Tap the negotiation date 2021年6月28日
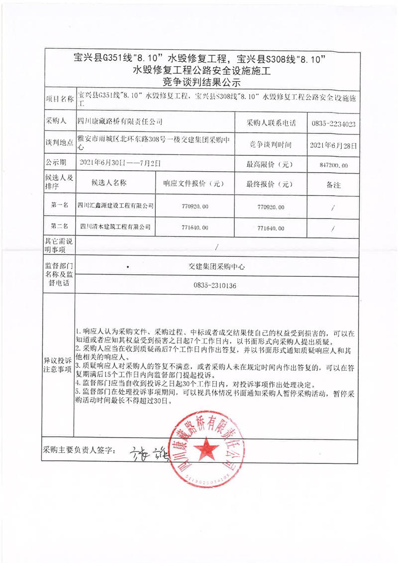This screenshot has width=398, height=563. point(333,145)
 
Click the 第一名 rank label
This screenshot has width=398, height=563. point(59,205)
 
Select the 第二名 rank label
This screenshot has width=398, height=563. point(59,226)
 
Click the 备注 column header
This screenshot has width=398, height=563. point(333,185)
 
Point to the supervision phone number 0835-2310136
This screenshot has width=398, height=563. point(215,286)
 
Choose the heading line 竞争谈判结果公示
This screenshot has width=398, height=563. point(198,82)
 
